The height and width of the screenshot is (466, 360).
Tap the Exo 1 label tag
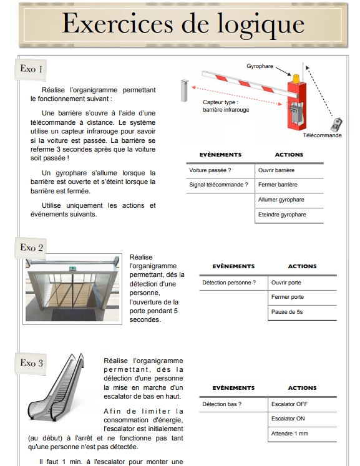click(x=31, y=69)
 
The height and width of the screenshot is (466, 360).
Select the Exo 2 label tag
click(x=31, y=248)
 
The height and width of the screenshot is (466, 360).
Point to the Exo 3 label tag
click(x=31, y=363)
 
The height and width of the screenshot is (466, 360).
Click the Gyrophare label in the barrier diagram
click(x=260, y=66)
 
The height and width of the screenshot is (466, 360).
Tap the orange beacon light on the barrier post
click(x=296, y=79)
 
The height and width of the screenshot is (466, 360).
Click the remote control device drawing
click(x=336, y=125)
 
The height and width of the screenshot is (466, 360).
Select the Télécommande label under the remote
click(x=322, y=135)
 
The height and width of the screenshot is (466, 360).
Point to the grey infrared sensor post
click(x=184, y=90)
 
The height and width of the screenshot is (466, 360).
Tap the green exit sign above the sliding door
click(x=72, y=268)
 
